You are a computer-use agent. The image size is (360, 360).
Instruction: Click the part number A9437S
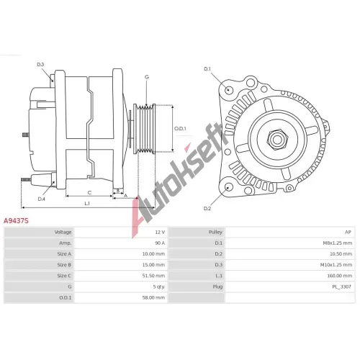click(x=16, y=221)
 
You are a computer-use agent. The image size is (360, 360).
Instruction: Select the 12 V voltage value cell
click(x=160, y=232)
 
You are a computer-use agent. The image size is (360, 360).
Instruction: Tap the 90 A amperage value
click(x=160, y=243)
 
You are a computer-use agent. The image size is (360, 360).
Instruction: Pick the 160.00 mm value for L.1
click(x=340, y=276)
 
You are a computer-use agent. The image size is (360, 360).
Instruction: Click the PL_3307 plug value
click(x=341, y=287)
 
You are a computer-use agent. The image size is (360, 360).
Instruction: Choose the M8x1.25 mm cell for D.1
click(x=338, y=243)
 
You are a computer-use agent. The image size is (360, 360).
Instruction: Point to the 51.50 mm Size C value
click(x=153, y=276)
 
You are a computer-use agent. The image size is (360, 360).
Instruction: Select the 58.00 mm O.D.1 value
click(x=153, y=297)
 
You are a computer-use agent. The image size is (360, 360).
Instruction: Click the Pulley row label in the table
click(x=215, y=233)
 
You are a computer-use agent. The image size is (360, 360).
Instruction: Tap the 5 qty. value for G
click(x=159, y=287)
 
